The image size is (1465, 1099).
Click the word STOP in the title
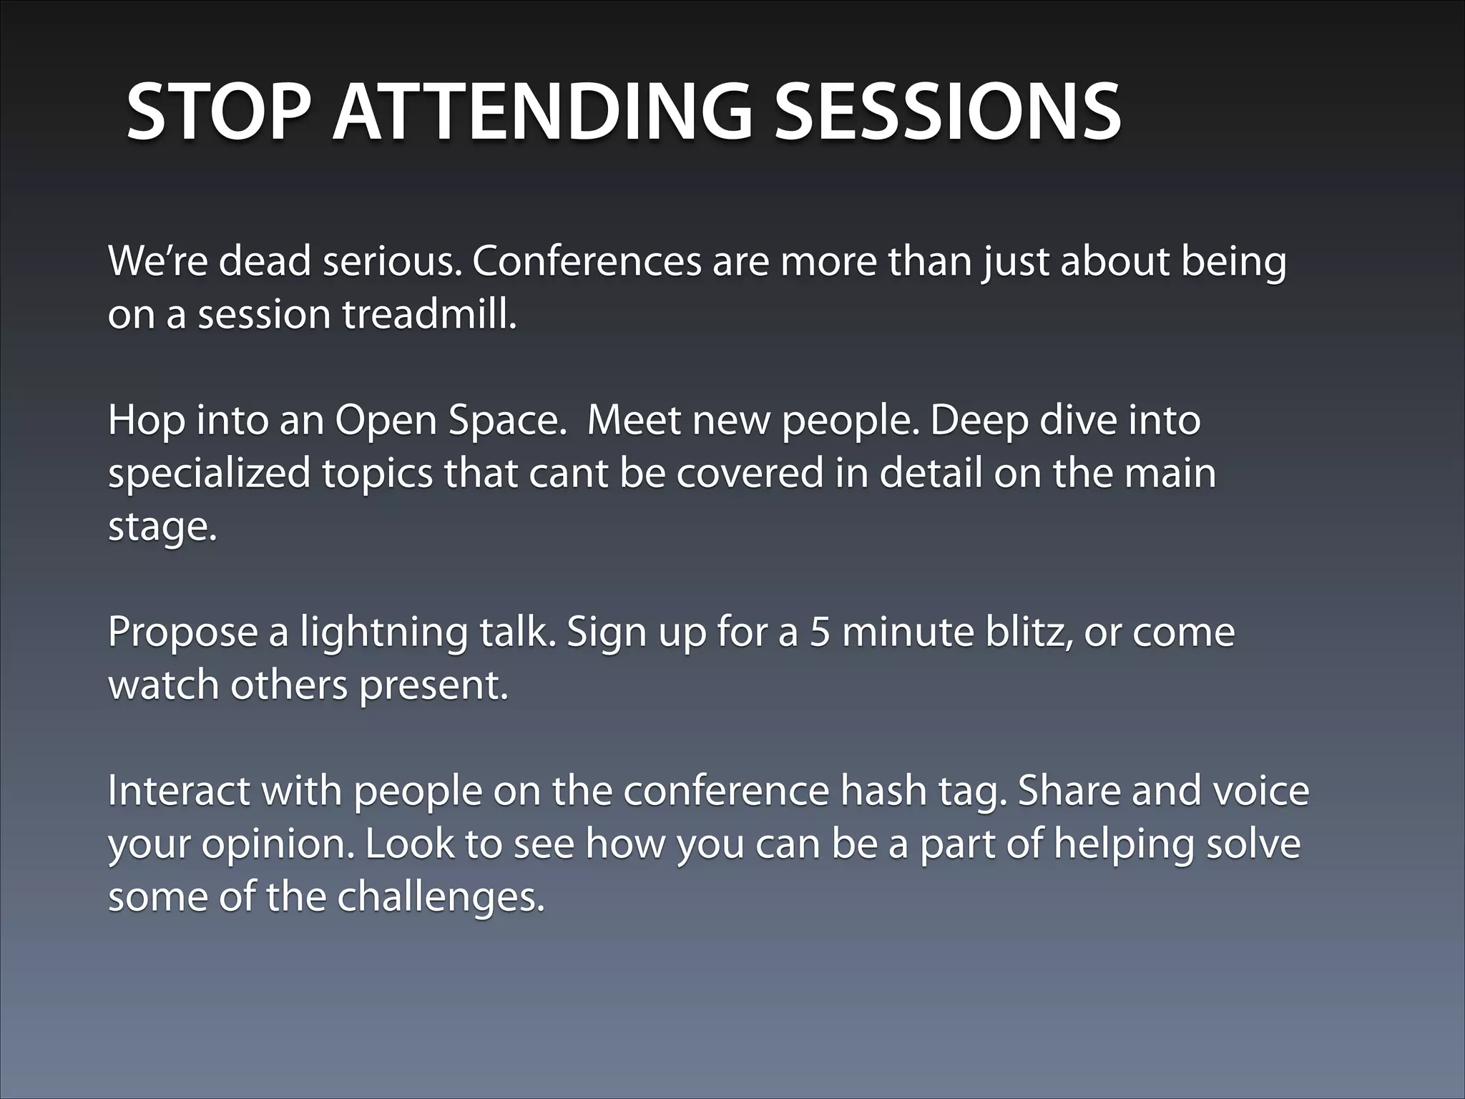tap(220, 113)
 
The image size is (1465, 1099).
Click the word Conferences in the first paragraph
tap(586, 261)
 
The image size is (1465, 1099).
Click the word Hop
tap(146, 420)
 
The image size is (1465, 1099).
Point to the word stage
tap(162, 528)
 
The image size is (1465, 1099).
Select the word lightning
tap(383, 632)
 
